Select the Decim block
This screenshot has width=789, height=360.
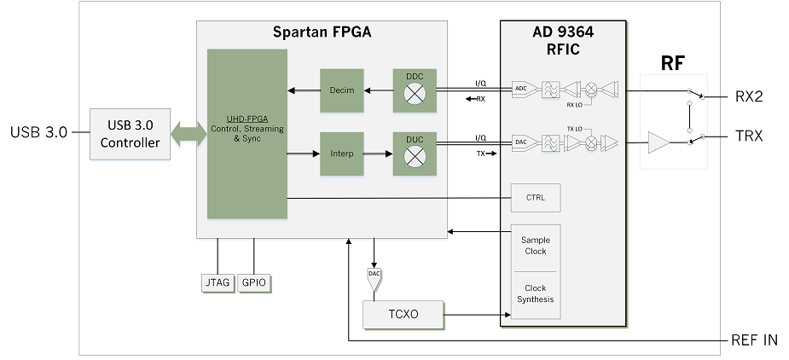341,90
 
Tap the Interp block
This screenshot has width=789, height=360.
341,154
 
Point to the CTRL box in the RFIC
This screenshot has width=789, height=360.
535,198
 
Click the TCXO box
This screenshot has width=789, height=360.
403,315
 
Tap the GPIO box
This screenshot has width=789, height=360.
253,282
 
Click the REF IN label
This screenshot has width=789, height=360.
755,340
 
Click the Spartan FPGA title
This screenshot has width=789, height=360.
322,33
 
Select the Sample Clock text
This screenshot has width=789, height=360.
535,246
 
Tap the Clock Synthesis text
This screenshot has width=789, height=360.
535,293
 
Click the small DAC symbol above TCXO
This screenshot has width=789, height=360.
374,276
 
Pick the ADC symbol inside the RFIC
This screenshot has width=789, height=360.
521,88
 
